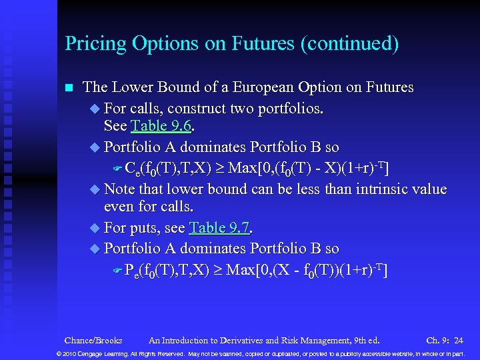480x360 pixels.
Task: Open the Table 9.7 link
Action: pyautogui.click(x=219, y=228)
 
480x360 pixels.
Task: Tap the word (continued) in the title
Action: pyautogui.click(x=350, y=45)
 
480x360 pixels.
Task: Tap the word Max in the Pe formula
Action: pyautogui.click(x=242, y=269)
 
